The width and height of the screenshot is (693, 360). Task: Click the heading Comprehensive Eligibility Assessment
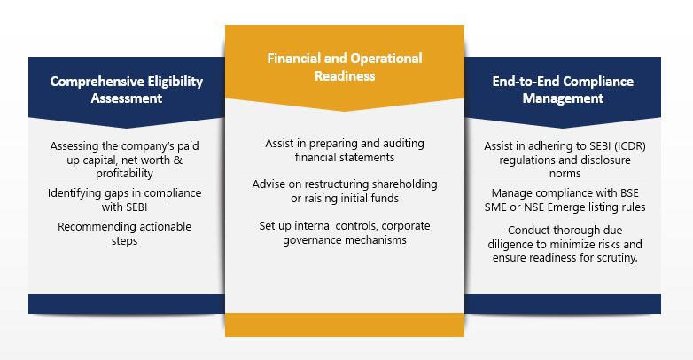click(x=126, y=90)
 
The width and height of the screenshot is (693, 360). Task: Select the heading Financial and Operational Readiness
click(x=345, y=67)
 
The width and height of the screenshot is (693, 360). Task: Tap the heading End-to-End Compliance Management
click(x=563, y=90)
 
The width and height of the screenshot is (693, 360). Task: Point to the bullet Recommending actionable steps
click(x=124, y=233)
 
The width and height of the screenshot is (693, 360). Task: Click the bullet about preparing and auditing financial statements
click(x=344, y=150)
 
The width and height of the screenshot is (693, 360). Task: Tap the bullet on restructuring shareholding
click(x=344, y=190)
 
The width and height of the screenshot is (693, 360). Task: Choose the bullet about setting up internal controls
click(x=344, y=232)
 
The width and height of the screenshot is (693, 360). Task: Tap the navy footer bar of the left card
click(x=126, y=304)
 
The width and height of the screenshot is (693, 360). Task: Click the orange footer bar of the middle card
click(x=344, y=325)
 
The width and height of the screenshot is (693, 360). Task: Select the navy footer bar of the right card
click(x=563, y=304)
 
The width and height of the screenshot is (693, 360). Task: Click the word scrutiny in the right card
click(x=611, y=257)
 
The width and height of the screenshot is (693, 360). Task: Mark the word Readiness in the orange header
click(x=345, y=76)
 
